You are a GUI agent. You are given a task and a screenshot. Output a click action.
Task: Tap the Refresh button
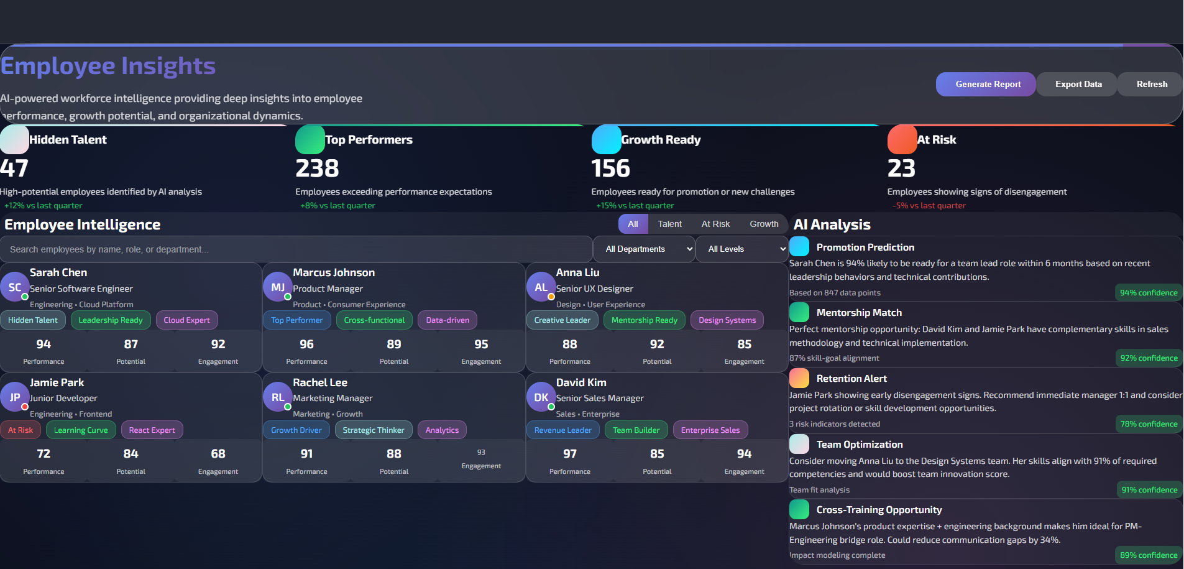[x=1151, y=85]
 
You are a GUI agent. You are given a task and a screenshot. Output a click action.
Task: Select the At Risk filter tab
[x=715, y=224]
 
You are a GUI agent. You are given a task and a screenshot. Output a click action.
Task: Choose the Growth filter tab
[x=763, y=224]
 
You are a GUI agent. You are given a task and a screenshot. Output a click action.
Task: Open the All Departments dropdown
[x=644, y=249]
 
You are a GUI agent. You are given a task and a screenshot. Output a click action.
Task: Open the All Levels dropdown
[x=741, y=249]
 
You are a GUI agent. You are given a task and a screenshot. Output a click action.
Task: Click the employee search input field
[x=296, y=249]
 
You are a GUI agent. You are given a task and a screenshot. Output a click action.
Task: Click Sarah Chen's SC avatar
[x=15, y=287]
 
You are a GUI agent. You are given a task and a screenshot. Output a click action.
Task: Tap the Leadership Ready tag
[x=111, y=320]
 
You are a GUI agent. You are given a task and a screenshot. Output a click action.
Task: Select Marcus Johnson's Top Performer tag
[x=296, y=320]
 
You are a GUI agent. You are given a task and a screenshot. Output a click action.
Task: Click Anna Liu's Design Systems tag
[x=727, y=320]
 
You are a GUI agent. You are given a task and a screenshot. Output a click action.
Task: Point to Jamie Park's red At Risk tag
[x=21, y=430]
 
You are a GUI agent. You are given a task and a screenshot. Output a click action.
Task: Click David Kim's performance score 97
[x=569, y=454]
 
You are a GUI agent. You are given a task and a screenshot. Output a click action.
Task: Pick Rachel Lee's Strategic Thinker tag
[x=373, y=430]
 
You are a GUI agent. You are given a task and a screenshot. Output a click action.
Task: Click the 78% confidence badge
[x=1148, y=424]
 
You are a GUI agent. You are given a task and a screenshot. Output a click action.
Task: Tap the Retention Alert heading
[x=851, y=379]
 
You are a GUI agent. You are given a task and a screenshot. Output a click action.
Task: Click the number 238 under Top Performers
[x=317, y=169]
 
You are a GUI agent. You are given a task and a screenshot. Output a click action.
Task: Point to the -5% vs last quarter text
[x=929, y=206]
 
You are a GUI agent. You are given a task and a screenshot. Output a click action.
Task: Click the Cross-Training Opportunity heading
[x=878, y=510]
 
